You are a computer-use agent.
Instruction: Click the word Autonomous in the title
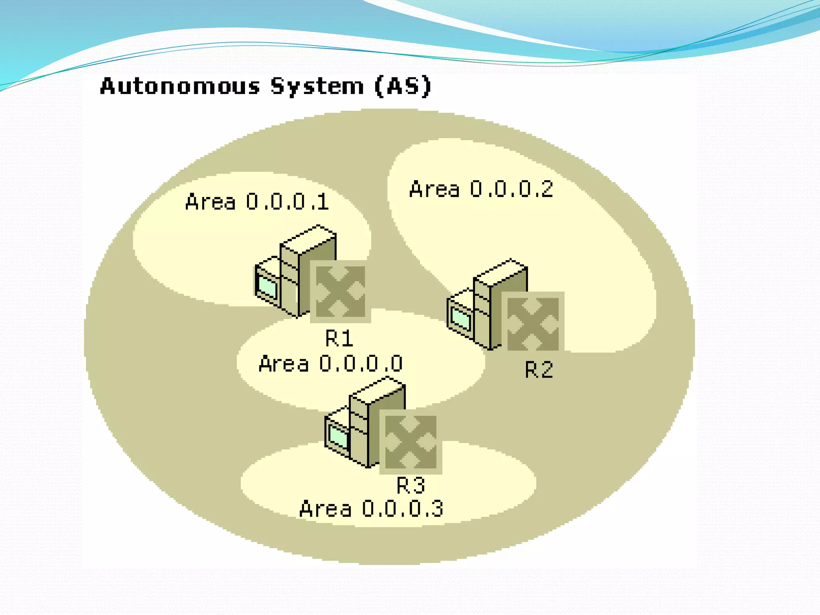[x=180, y=86]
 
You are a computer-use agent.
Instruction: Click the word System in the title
[x=317, y=86]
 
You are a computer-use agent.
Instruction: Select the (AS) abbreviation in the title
[x=403, y=86]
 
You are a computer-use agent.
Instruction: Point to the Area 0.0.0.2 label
[x=481, y=189]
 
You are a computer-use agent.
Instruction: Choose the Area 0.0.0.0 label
[x=331, y=364]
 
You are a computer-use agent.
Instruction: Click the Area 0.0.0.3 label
[x=372, y=508]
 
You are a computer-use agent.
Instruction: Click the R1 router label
[x=339, y=338]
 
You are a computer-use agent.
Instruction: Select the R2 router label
[x=539, y=369]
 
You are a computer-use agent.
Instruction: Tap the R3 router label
[x=411, y=485]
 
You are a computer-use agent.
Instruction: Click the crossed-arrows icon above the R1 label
[x=340, y=291]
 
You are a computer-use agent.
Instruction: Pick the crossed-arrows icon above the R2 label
[x=533, y=324]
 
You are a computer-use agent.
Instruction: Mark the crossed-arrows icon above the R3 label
[x=410, y=442]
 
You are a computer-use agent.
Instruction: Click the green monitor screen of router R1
[x=268, y=287]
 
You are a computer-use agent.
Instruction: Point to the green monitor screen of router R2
[x=460, y=319]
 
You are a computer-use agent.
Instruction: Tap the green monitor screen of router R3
[x=338, y=437]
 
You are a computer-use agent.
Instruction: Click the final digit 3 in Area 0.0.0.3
[x=437, y=508]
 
